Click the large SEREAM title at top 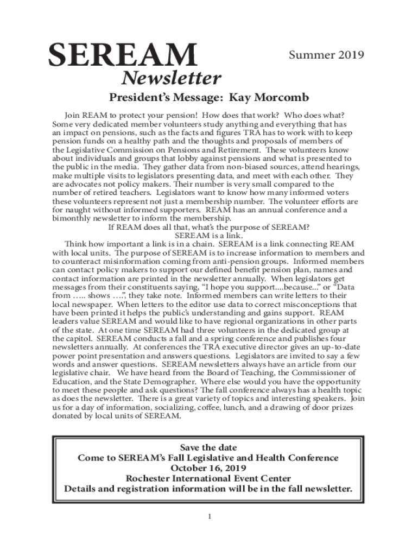click(x=123, y=56)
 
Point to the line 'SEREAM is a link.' click(x=208, y=235)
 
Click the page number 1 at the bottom click(x=208, y=515)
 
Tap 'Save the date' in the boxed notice click(x=208, y=448)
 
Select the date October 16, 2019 click(x=208, y=468)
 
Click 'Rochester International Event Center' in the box click(x=208, y=478)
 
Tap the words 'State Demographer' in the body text click(x=139, y=382)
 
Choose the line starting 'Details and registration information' click(x=208, y=489)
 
